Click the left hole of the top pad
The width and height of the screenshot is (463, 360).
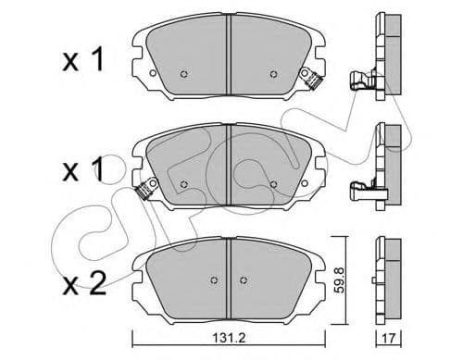(183, 75)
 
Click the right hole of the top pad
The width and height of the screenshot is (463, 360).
(272, 75)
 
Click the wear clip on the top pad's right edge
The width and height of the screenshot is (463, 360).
(318, 81)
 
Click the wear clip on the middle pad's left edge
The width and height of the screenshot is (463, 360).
(144, 192)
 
